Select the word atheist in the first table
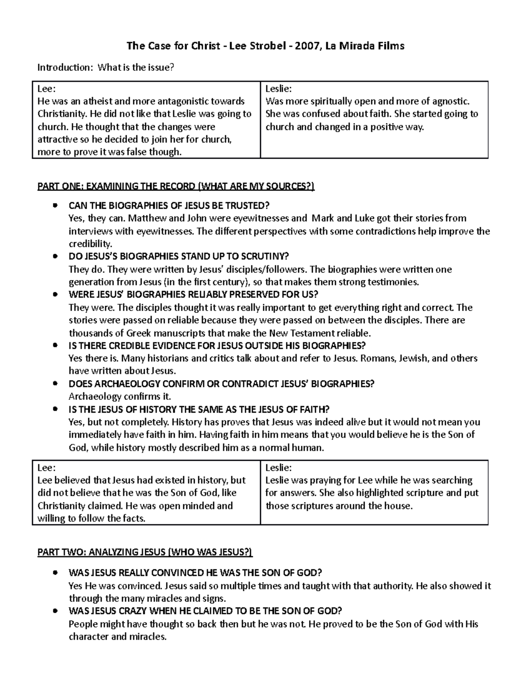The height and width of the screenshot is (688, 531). (97, 101)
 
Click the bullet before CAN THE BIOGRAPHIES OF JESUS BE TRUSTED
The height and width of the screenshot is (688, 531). (54, 206)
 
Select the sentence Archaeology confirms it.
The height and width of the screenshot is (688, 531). (119, 396)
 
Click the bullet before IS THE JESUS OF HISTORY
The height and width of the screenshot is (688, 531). (54, 409)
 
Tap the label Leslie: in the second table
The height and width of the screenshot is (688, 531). (278, 467)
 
